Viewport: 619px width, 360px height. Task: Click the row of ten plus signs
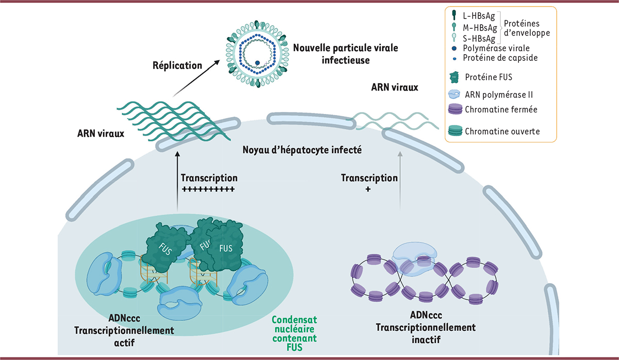[208, 189]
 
